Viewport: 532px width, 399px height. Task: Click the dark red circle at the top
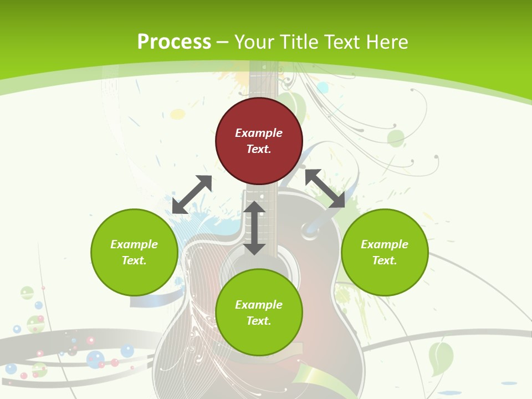coord(259,141)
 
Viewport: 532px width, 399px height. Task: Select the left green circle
coord(134,252)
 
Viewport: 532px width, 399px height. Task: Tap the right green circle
coord(384,252)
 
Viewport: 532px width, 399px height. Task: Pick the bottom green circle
coord(259,313)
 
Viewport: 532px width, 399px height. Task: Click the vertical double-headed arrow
coord(254,228)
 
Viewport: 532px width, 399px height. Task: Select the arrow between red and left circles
coord(192,195)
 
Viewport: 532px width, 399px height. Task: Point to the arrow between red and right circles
coord(325,189)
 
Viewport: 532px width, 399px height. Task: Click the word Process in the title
coord(174,42)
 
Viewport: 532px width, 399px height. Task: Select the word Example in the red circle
coord(259,133)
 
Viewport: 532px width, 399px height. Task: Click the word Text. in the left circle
coord(134,260)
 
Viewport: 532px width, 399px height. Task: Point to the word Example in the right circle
coord(384,244)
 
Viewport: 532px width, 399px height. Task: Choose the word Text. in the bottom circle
coord(259,321)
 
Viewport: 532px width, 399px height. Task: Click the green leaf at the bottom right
coord(441,357)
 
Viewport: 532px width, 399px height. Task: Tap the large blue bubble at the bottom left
coord(95,360)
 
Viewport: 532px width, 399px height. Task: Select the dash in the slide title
coord(222,42)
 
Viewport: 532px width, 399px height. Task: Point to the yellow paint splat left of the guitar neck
coord(177,114)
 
